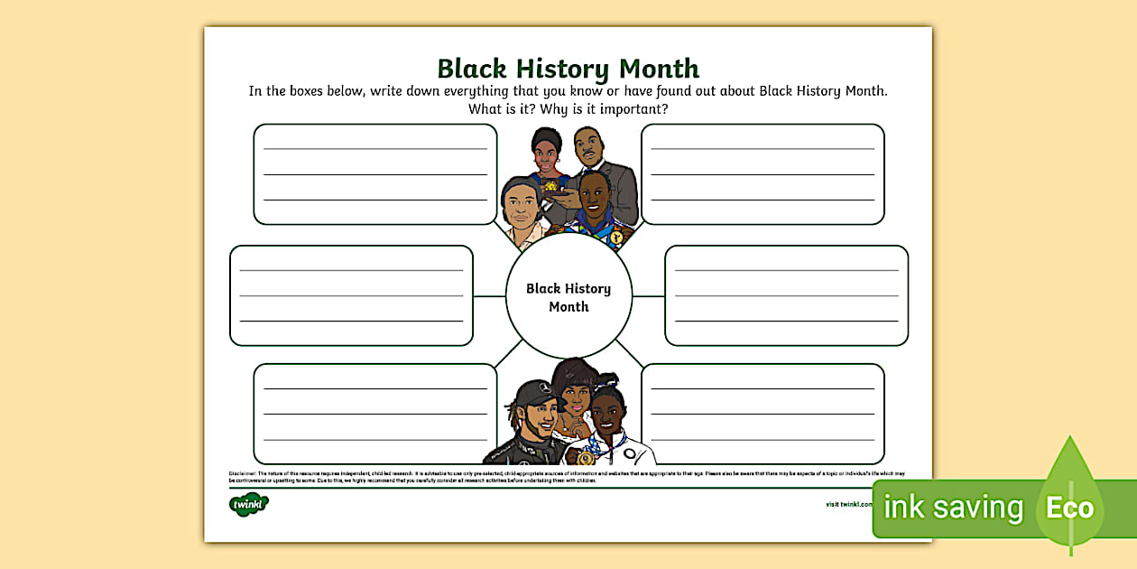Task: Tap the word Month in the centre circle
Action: tap(568, 307)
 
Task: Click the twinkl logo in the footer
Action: tap(249, 504)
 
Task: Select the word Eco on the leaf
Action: tap(1069, 508)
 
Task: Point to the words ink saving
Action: tap(953, 508)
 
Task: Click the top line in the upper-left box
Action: tap(374, 148)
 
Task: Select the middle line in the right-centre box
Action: tap(786, 295)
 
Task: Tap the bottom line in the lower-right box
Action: tap(763, 440)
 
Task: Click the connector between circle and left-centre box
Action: tap(489, 295)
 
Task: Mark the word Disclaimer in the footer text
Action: tap(244, 472)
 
